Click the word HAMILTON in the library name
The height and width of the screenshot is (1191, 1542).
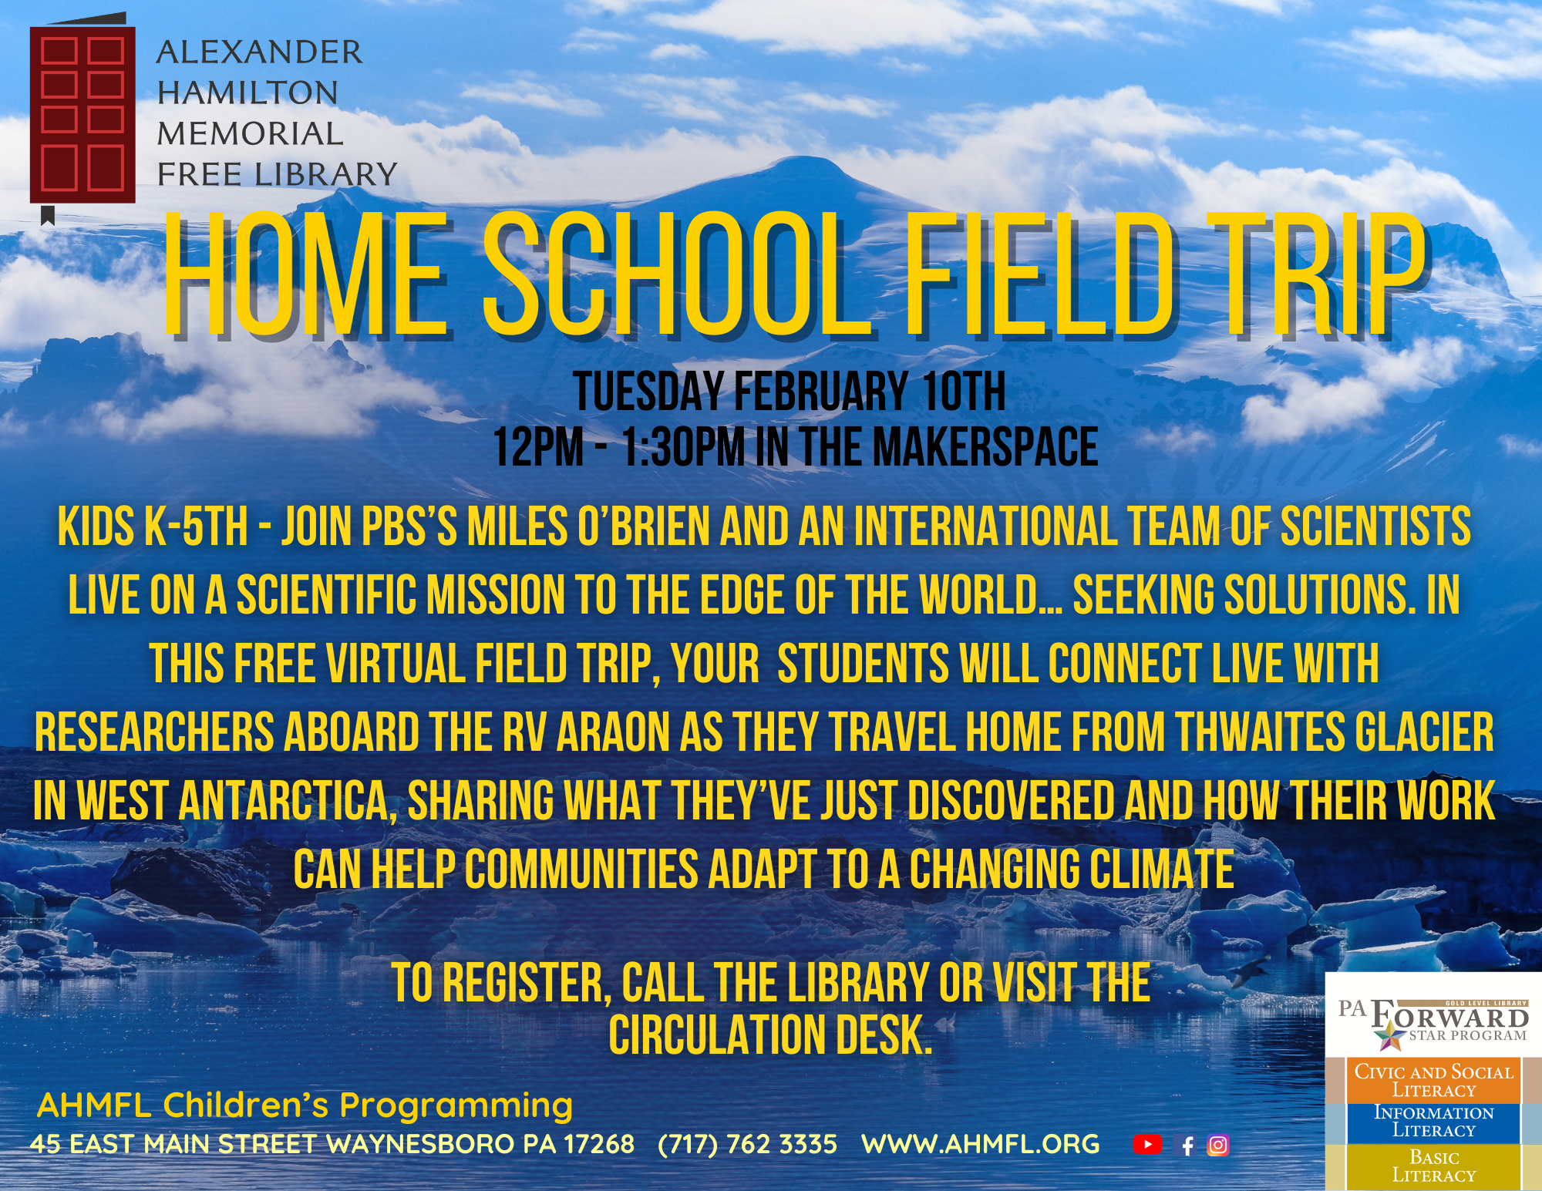coord(247,93)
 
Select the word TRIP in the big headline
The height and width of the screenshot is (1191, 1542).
coord(1319,276)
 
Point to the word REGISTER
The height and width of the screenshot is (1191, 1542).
coord(527,984)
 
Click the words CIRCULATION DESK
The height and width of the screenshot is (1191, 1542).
coord(770,1035)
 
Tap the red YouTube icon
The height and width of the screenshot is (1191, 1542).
coord(1147,1145)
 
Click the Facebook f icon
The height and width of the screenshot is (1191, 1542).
coord(1187,1146)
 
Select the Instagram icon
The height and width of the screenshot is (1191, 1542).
coord(1218,1145)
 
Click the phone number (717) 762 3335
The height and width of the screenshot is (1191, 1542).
coord(747,1144)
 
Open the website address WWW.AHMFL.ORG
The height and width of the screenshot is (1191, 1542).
coord(980,1144)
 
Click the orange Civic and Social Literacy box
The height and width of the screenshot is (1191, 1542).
coord(1433,1080)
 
